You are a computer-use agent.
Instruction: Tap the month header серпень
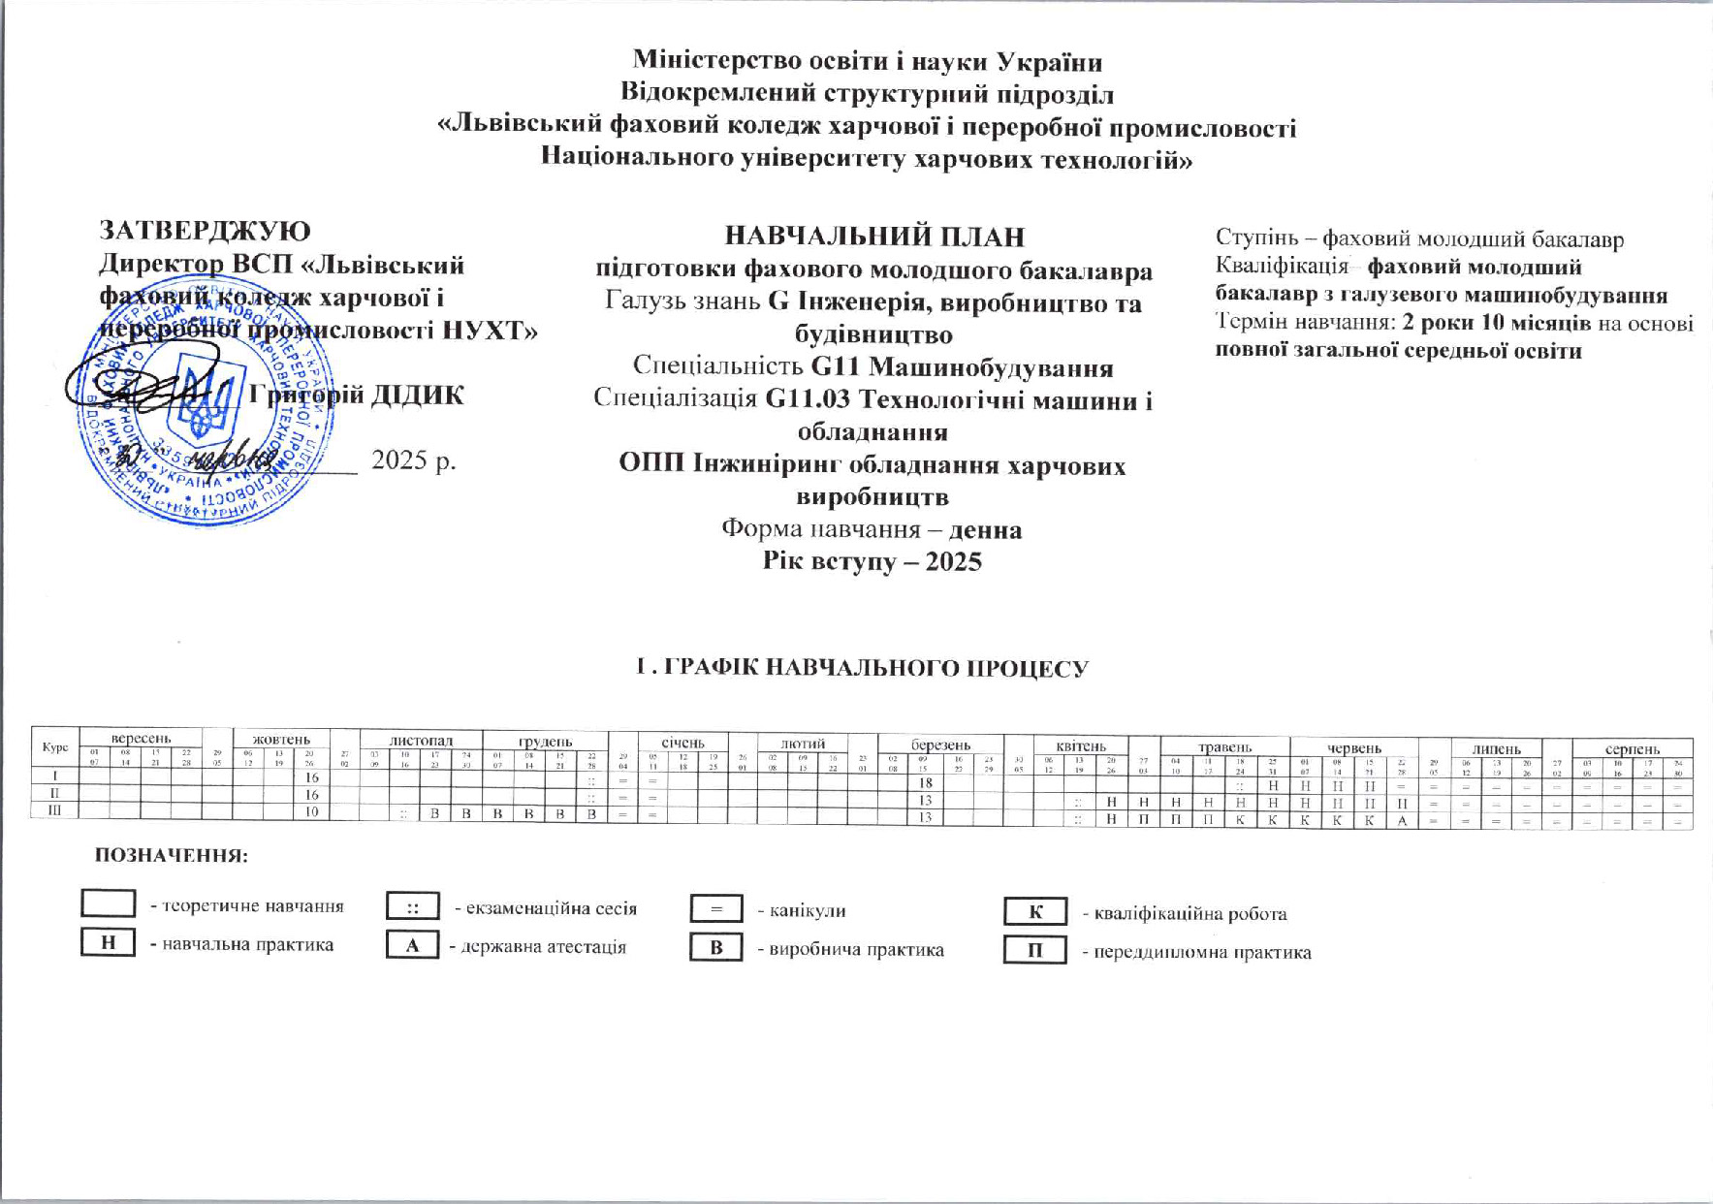(x=1633, y=748)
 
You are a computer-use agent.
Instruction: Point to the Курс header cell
(x=55, y=747)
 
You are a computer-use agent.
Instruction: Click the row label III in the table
(x=55, y=811)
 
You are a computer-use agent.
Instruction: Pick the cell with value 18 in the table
(x=926, y=782)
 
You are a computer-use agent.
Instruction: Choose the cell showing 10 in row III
(x=312, y=812)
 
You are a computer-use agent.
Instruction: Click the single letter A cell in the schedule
(x=1402, y=820)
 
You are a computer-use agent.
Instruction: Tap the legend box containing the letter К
(x=1034, y=912)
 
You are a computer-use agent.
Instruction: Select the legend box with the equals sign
(x=716, y=909)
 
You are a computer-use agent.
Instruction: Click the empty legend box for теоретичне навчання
(x=108, y=903)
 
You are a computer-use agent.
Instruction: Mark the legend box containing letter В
(x=716, y=947)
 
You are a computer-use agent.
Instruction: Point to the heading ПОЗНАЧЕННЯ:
(x=172, y=856)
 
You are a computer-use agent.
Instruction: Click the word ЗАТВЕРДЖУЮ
(x=206, y=231)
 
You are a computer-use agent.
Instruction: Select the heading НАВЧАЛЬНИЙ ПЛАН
(x=874, y=237)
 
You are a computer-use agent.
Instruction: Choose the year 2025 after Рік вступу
(x=953, y=562)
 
